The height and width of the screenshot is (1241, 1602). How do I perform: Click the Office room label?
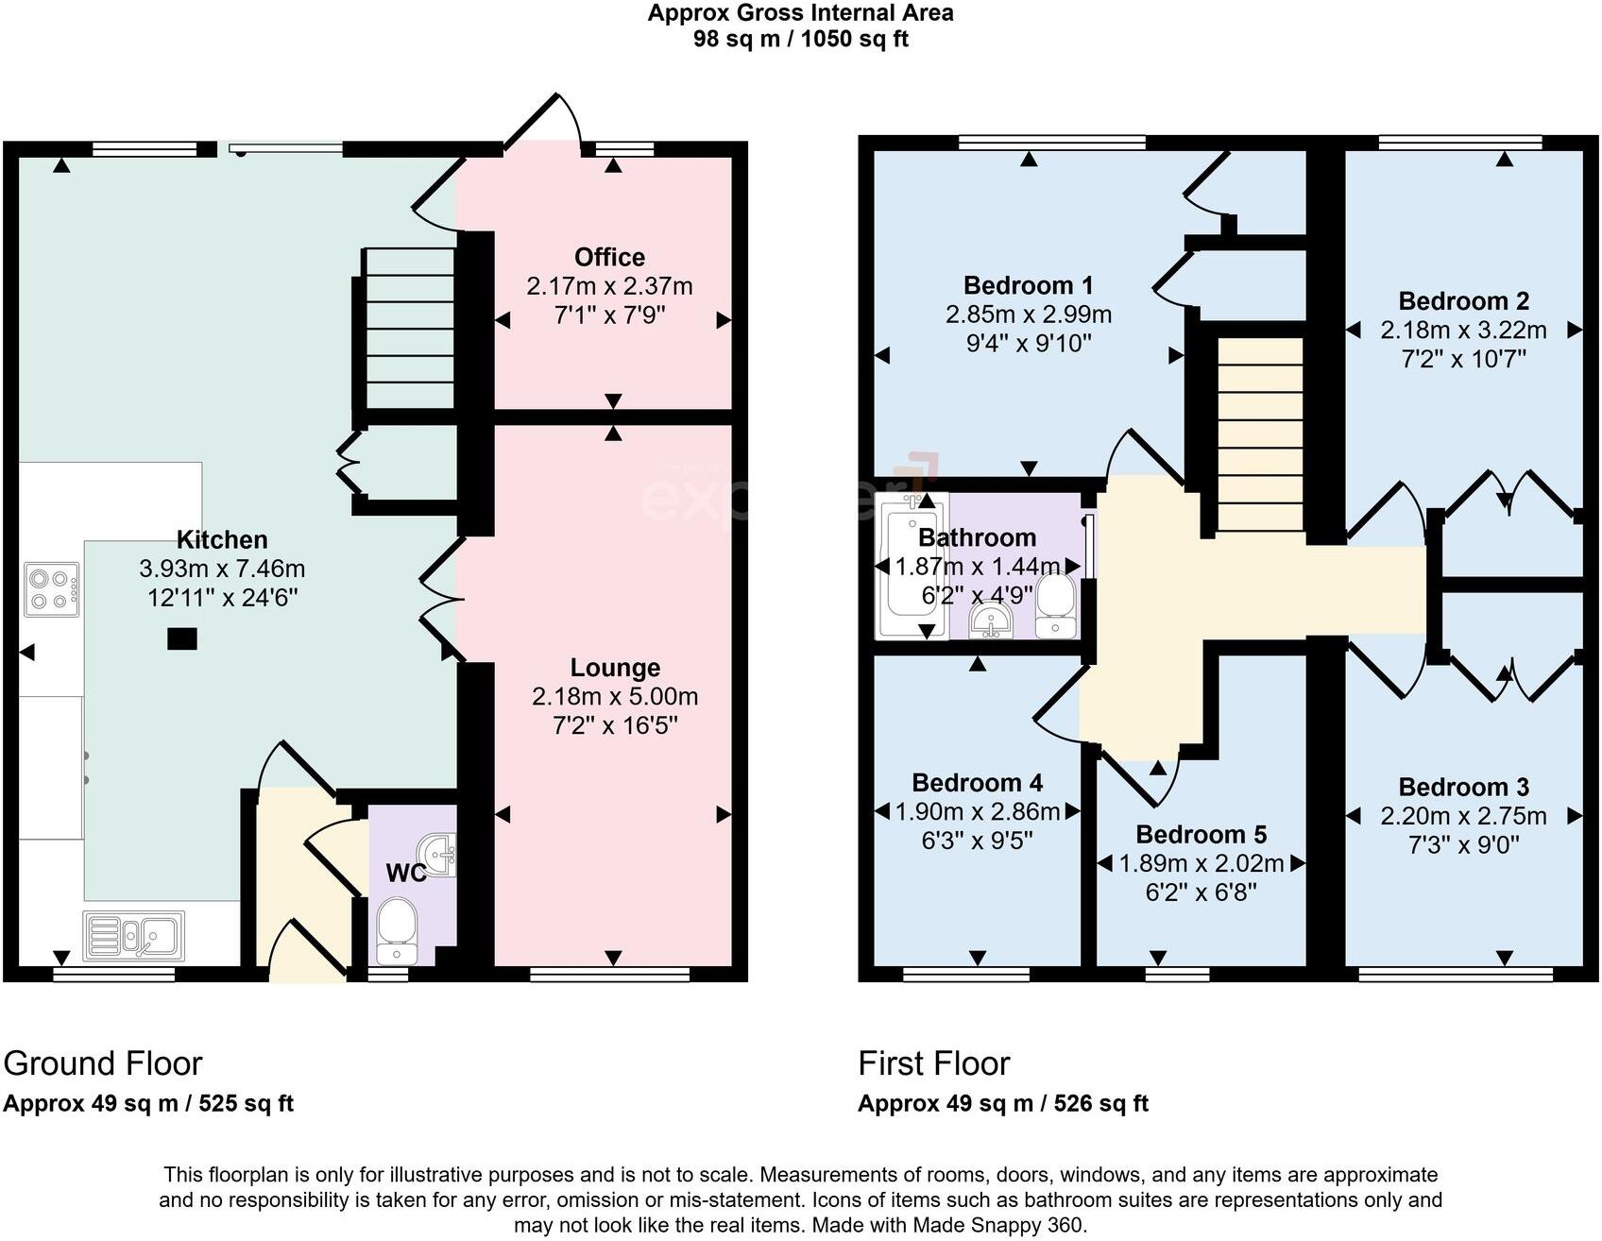609,257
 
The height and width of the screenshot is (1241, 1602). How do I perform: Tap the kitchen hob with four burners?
52,589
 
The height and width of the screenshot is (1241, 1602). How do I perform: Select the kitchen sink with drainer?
133,935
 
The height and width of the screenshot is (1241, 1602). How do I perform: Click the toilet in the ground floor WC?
396,926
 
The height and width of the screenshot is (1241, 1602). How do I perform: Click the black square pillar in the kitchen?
182,639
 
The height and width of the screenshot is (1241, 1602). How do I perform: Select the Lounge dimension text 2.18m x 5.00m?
615,697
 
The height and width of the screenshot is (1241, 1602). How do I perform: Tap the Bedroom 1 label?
1028,285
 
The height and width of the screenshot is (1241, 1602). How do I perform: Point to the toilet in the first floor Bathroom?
1054,606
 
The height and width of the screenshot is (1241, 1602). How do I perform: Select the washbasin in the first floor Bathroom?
991,620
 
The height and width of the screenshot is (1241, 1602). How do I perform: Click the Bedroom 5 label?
1201,835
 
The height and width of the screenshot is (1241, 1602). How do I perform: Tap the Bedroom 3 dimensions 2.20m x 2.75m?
1463,816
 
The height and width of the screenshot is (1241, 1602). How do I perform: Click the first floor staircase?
1260,434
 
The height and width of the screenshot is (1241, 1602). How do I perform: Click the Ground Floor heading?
103,1063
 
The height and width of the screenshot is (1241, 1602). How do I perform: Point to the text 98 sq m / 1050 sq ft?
800,40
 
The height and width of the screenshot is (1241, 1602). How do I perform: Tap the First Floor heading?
933,1063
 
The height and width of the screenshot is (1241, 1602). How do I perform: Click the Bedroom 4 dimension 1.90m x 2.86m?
977,811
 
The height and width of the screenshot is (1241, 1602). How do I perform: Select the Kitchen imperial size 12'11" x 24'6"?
223,598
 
